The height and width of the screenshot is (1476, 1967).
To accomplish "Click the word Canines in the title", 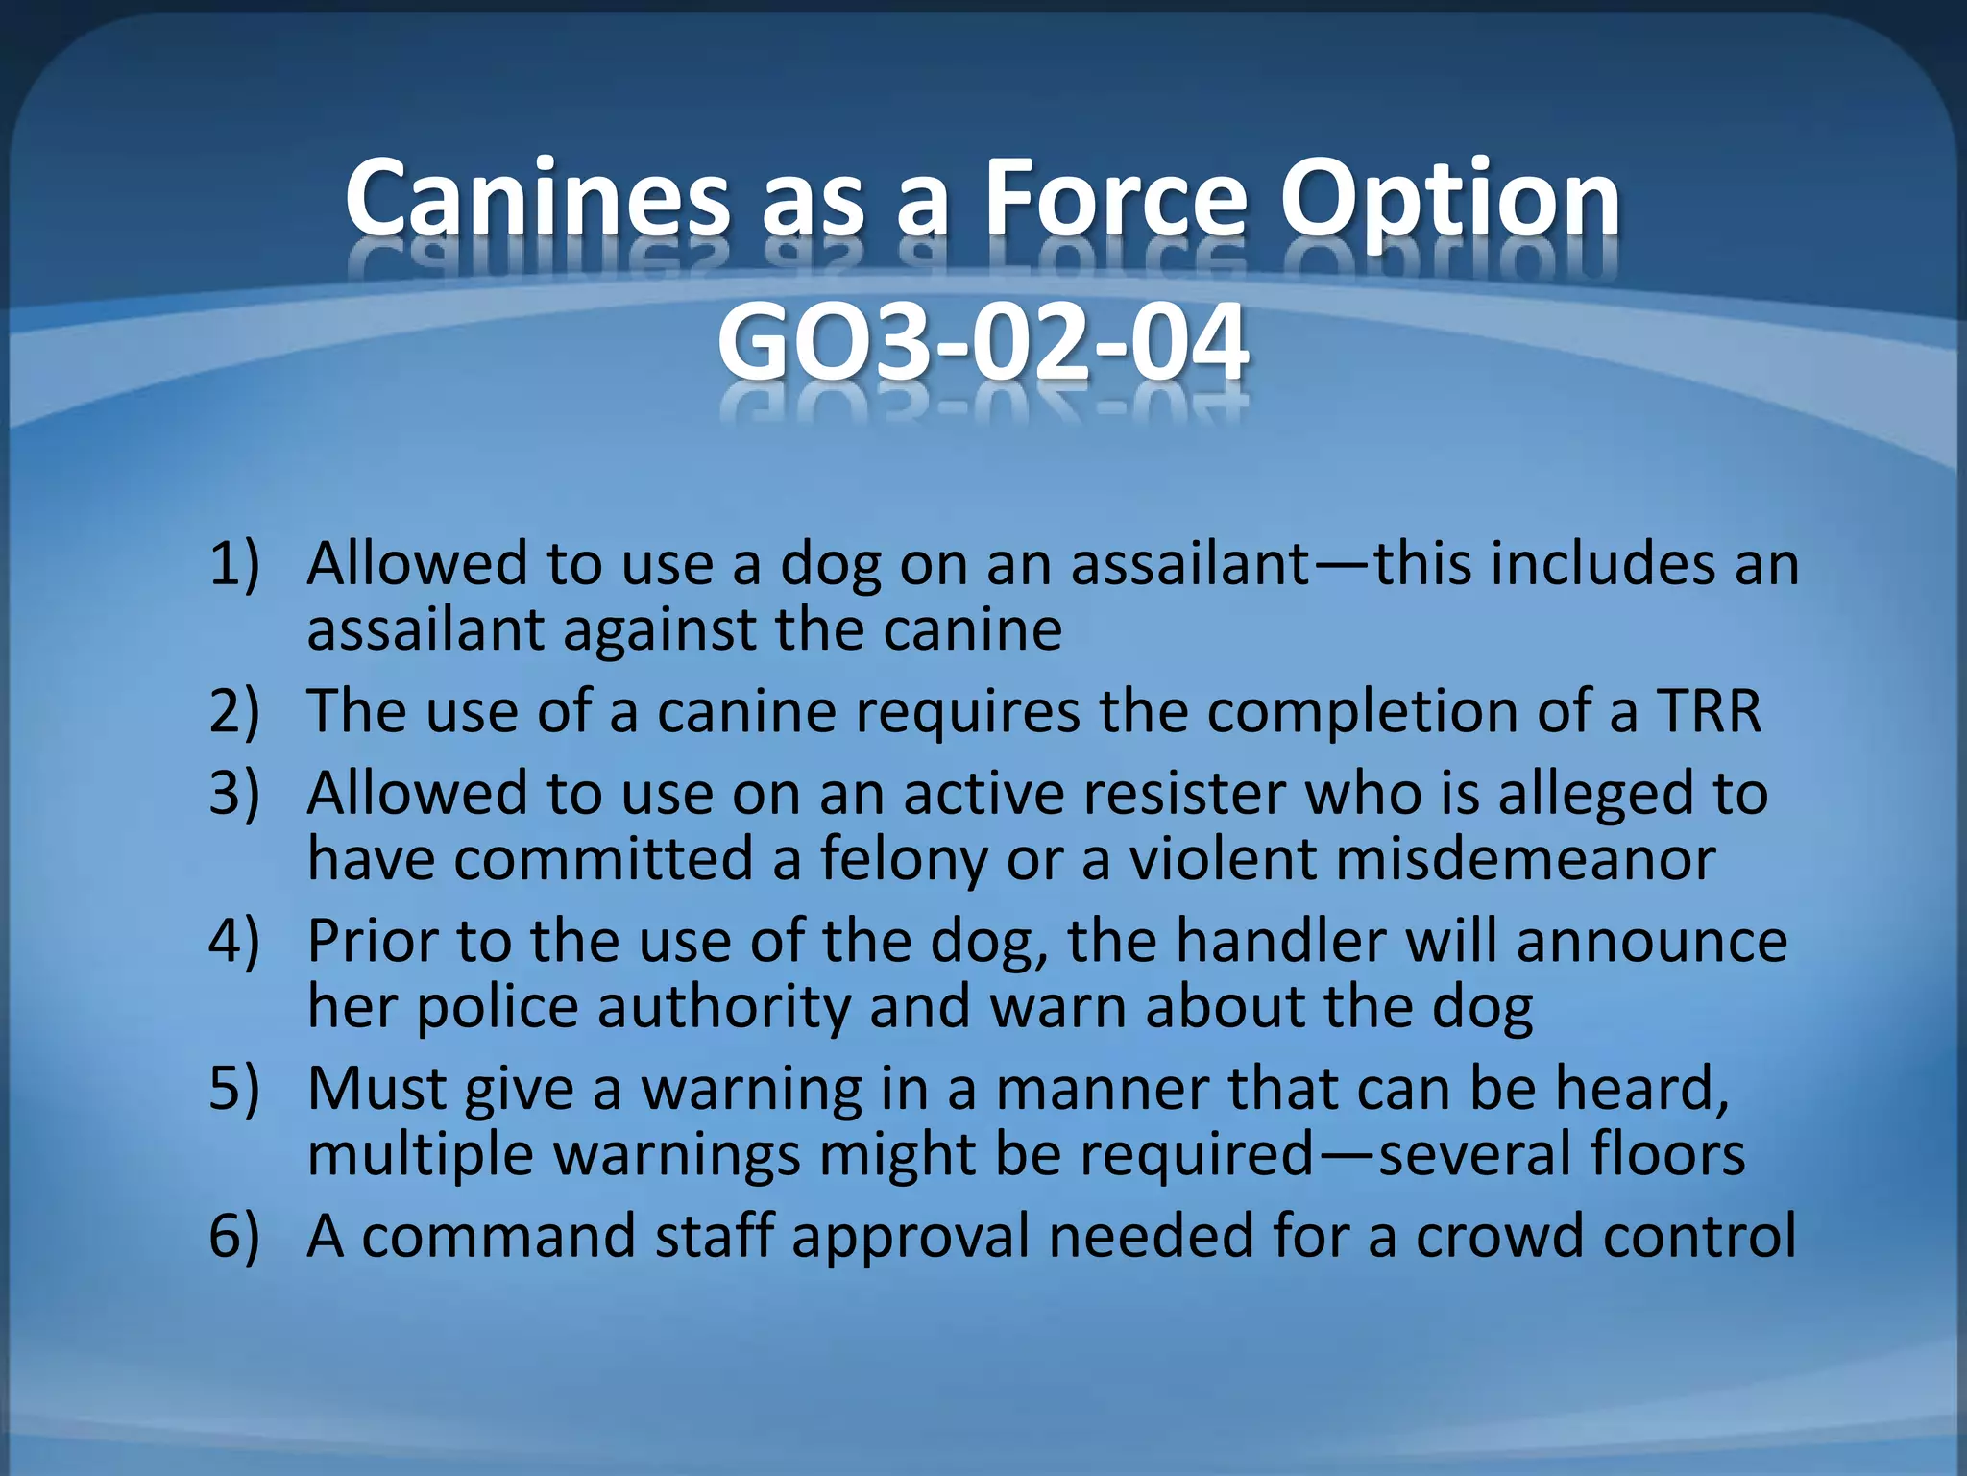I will coord(536,199).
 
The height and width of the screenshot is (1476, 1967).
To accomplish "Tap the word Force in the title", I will coord(1115,199).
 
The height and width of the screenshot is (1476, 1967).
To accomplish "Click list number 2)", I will coord(233,711).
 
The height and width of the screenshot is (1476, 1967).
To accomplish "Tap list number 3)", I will coord(233,794).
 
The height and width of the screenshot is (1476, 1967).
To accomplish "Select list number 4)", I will coord(233,941).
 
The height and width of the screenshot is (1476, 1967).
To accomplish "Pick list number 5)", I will coord(233,1089).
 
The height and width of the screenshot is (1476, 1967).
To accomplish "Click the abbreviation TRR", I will coord(1709,711).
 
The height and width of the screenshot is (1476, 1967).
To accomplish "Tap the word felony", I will coord(903,860).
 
